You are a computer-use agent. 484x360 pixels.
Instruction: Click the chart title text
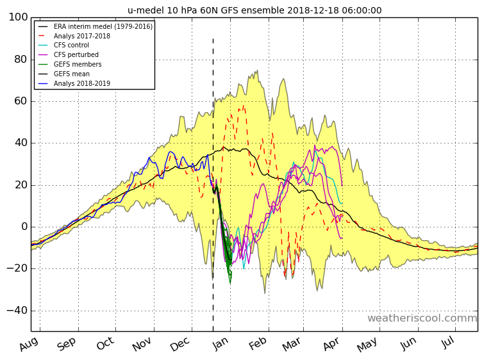(255, 10)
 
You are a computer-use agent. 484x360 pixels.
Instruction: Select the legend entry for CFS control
(71, 45)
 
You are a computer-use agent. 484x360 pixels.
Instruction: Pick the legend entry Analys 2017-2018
(81, 36)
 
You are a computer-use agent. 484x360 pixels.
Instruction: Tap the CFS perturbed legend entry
(76, 55)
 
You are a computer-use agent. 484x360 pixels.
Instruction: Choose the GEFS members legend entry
(78, 65)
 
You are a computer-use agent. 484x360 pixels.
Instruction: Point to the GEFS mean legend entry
(72, 74)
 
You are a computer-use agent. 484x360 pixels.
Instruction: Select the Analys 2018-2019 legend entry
(81, 84)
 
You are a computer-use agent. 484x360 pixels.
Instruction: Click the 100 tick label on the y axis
(18, 17)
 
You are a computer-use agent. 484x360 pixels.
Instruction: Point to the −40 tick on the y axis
(15, 311)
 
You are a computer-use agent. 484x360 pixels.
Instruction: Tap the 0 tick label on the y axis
(24, 227)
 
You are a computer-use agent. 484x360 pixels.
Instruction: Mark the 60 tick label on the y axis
(21, 101)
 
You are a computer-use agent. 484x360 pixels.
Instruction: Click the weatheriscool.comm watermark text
(422, 318)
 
